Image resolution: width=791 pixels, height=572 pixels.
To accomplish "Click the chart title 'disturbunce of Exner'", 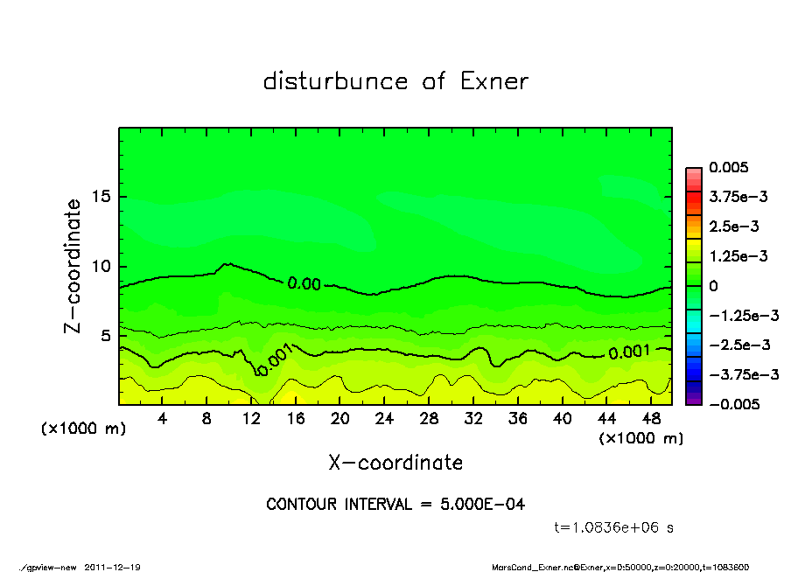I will click(395, 81).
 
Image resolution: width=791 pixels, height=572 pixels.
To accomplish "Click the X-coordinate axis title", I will click(395, 463).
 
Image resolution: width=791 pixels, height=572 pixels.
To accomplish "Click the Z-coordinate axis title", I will click(73, 266).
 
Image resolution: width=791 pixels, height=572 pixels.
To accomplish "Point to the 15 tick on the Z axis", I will click(101, 197).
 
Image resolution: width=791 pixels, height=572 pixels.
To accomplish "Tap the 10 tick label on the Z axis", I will click(101, 266).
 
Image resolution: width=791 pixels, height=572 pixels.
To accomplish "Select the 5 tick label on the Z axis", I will click(106, 336).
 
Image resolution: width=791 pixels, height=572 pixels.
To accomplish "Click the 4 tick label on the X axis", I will click(163, 419).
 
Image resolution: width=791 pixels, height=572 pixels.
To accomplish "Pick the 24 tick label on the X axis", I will click(384, 419).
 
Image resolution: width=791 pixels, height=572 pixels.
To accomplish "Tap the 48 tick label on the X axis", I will click(650, 419).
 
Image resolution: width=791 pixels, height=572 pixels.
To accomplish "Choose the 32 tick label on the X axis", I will click(473, 419).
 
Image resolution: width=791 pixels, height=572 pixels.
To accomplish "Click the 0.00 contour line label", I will click(304, 283).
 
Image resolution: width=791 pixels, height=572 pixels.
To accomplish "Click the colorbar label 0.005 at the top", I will click(728, 168).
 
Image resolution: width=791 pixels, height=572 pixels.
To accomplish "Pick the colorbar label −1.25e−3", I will click(738, 315).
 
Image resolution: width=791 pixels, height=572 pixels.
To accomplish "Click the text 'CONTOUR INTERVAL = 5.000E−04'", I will click(395, 505).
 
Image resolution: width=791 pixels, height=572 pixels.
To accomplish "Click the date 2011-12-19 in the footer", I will click(113, 567).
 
